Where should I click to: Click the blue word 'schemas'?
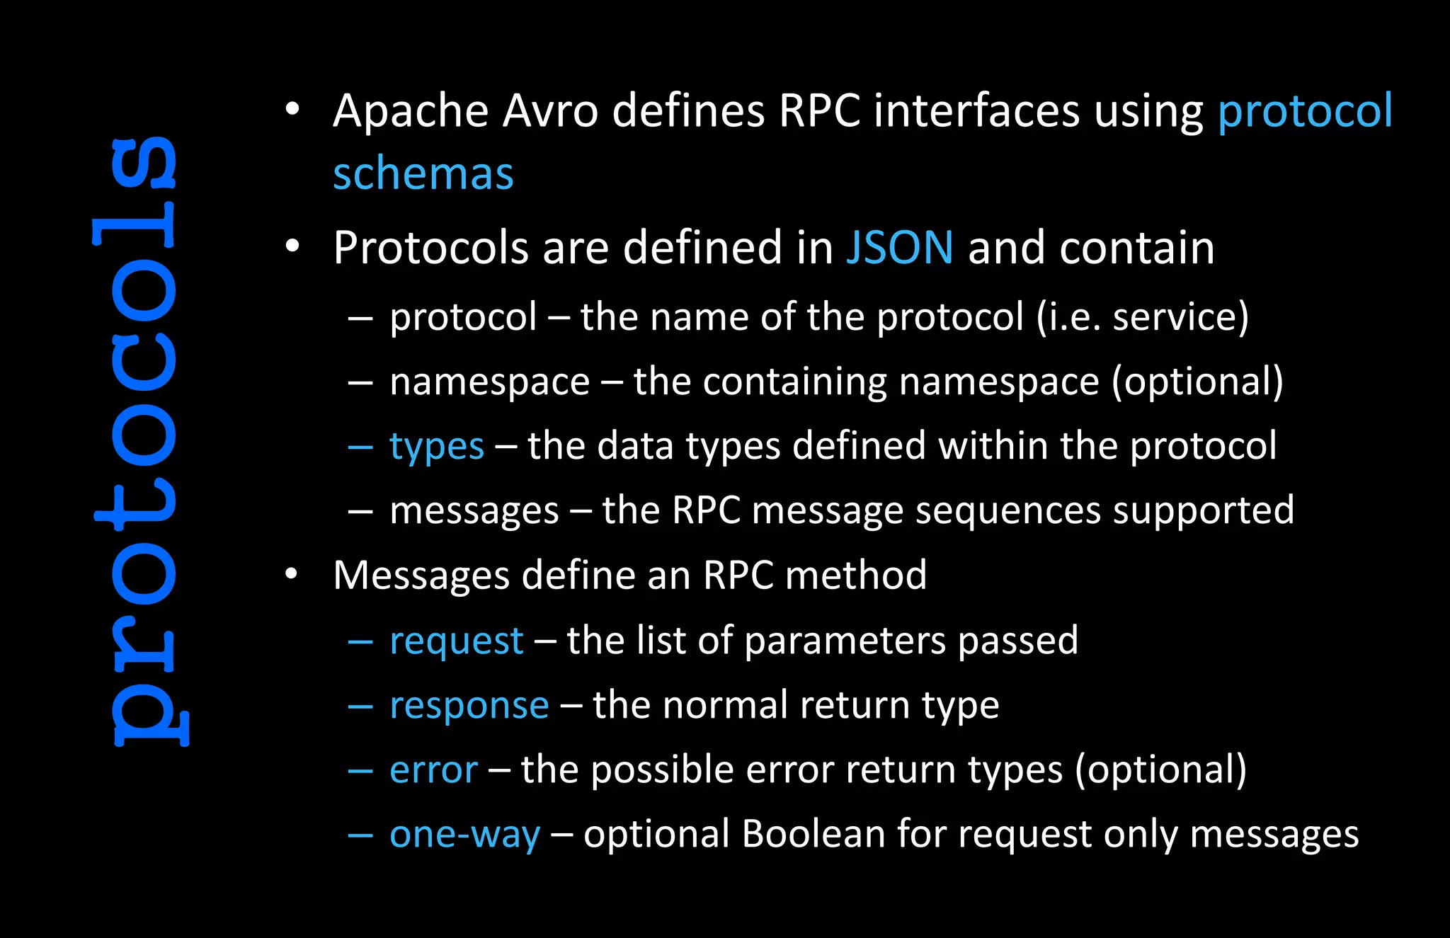tap(423, 174)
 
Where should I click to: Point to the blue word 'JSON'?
tap(899, 248)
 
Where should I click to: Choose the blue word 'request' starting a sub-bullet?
tap(456, 641)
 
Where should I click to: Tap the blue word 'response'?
tap(469, 706)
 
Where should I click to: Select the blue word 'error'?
tap(433, 770)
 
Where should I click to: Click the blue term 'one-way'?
tap(464, 835)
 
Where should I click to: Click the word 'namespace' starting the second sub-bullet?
tap(489, 382)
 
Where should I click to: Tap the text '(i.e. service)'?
tap(1142, 316)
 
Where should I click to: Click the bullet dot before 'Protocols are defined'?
tap(292, 247)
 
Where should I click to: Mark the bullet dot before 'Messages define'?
tap(291, 574)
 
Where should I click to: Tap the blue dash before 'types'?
tap(360, 447)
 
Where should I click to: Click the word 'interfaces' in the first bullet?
tap(976, 111)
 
